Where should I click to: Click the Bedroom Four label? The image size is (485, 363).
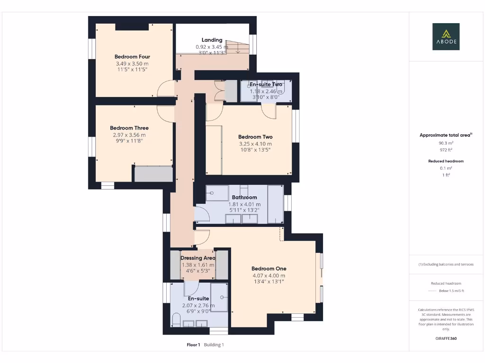[x=132, y=57]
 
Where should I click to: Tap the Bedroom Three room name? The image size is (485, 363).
[x=129, y=128]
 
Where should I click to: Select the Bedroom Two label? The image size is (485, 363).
[x=255, y=137]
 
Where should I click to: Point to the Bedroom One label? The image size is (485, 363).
[x=269, y=268]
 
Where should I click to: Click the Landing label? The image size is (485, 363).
[x=212, y=40]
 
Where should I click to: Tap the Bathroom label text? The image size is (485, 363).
[x=244, y=198]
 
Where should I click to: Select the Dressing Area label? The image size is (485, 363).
[x=198, y=258]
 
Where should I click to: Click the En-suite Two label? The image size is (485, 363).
[x=266, y=85]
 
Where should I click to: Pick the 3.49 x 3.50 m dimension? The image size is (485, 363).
[x=132, y=63]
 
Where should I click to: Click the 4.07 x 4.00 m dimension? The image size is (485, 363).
[x=269, y=275]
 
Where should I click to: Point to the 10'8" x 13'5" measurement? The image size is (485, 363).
[x=255, y=150]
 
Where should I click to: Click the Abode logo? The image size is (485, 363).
[x=446, y=36]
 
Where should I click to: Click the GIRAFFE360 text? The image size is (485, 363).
[x=446, y=338]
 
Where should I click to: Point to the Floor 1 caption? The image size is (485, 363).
[x=193, y=345]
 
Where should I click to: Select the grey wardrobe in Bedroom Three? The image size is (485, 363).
[x=153, y=173]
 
